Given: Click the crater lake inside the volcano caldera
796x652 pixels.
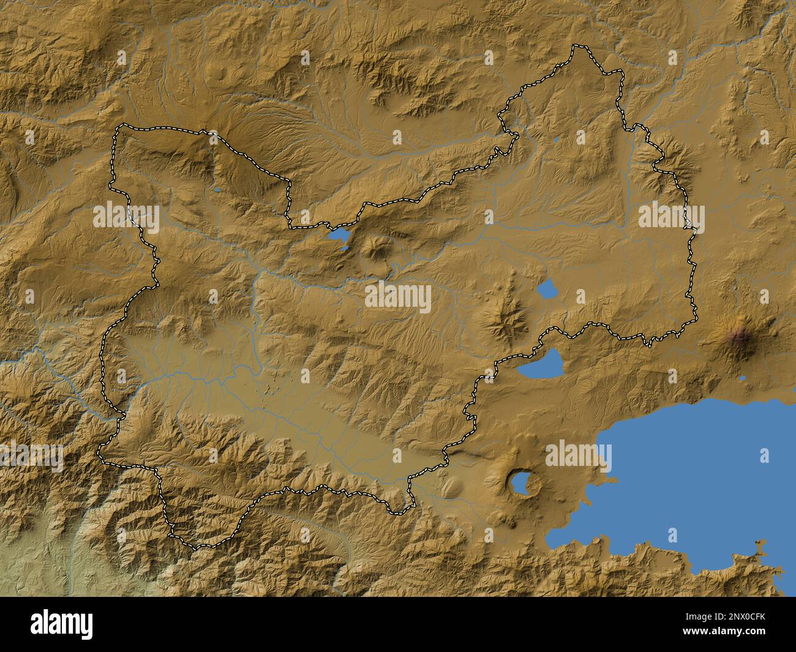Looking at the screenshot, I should point(520,483).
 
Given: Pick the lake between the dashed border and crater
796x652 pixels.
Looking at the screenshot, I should point(541,365).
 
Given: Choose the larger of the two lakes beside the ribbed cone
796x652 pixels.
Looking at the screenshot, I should point(338,234).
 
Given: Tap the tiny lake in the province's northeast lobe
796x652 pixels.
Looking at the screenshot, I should point(555,140).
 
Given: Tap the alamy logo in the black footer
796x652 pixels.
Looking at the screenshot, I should point(62,624).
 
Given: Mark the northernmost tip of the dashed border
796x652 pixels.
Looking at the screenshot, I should point(576,46).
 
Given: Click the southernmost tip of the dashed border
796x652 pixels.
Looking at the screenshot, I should point(196,547).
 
